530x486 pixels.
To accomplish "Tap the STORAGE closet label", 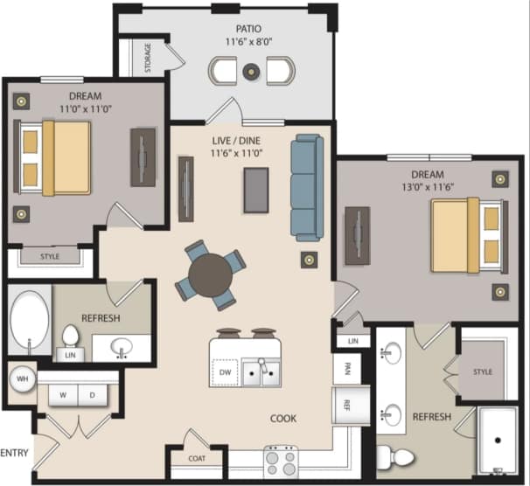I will (147, 58).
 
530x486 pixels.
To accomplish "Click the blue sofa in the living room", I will (307, 187).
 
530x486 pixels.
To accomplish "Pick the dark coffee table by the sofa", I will (256, 188).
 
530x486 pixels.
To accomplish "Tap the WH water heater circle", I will (21, 378).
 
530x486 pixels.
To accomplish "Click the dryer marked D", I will (92, 394).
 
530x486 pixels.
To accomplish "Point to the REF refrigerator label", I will (346, 405).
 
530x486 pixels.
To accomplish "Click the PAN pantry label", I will (346, 367).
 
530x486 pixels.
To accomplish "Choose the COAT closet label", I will (197, 456).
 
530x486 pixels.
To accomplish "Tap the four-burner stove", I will (281, 460).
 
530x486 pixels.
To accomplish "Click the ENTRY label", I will (16, 453).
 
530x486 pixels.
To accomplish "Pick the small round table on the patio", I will (251, 68).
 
